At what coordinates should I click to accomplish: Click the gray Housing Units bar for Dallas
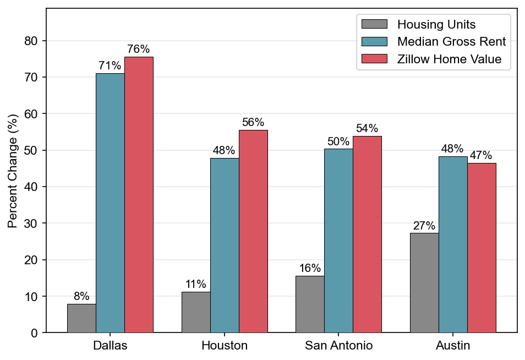coord(81,318)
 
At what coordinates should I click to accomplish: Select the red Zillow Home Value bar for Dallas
coord(139,194)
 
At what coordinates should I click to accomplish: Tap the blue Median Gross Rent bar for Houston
coord(225,245)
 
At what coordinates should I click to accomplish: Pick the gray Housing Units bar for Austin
coord(424,282)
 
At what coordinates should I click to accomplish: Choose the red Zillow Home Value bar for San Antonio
coord(367,234)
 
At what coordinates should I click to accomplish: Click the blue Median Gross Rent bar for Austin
coord(453,244)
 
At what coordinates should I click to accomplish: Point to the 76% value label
coord(138,49)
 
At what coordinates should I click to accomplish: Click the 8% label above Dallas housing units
coord(81,296)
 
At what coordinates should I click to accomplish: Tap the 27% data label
coord(424,225)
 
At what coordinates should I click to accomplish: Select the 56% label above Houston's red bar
coord(253,122)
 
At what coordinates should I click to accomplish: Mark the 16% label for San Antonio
coord(310,268)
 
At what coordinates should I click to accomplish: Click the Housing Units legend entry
coord(419,24)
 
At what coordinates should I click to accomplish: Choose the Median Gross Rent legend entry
coord(434,41)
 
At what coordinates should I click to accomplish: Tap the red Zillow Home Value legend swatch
coord(374,58)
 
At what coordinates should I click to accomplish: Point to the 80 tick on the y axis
coord(31,41)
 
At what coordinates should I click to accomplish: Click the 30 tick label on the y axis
coord(31,223)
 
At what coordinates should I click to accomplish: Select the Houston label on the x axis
coord(225,345)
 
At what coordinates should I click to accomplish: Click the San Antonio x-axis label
coord(338,345)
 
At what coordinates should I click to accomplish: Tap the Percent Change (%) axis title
coord(13,171)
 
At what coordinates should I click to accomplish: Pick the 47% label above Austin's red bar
coord(481,155)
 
